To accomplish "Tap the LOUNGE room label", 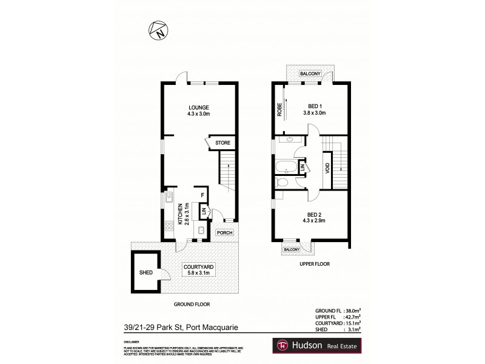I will coord(198,107).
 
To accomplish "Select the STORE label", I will coord(221,144).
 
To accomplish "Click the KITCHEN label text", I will coord(180,214).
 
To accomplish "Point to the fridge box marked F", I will coord(204,195).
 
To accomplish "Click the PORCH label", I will coord(224,232).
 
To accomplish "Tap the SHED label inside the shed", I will coord(145,273).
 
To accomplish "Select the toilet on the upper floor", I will coord(283,181).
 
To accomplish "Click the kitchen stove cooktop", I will coord(169,228).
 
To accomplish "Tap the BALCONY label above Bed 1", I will coord(310,74).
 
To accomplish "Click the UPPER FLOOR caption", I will coord(314,265).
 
